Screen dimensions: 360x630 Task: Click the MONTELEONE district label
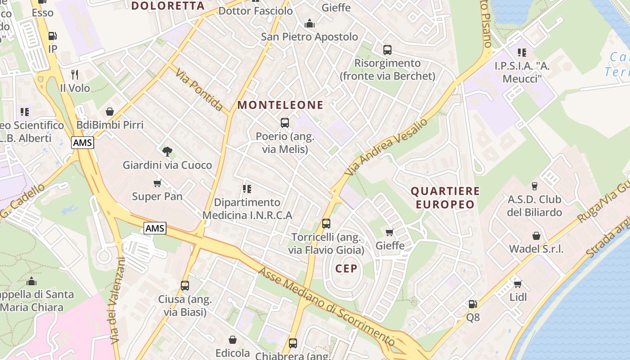point(280,105)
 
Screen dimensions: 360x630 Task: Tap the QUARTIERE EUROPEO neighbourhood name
point(445,198)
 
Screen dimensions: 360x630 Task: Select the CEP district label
point(346,269)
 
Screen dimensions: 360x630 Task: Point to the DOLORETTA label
point(168,6)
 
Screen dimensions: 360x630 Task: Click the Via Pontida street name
point(199,90)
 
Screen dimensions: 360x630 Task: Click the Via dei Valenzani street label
point(115,301)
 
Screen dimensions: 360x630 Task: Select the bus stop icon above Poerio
point(284,122)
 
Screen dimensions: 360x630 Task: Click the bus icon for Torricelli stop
point(326,223)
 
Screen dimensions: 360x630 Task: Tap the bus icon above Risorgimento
point(387,49)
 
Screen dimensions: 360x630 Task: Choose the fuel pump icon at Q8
point(472,304)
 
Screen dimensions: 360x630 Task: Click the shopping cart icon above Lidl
point(517,284)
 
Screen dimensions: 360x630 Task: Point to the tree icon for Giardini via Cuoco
point(167,151)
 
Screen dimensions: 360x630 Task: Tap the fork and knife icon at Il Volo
point(75,74)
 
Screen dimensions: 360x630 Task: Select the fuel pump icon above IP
point(53,36)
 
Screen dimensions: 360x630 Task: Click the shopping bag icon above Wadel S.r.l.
point(536,235)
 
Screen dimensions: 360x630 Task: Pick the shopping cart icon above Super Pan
point(157,183)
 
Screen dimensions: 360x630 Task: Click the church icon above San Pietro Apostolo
point(310,23)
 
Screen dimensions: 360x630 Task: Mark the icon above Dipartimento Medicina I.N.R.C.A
point(247,189)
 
